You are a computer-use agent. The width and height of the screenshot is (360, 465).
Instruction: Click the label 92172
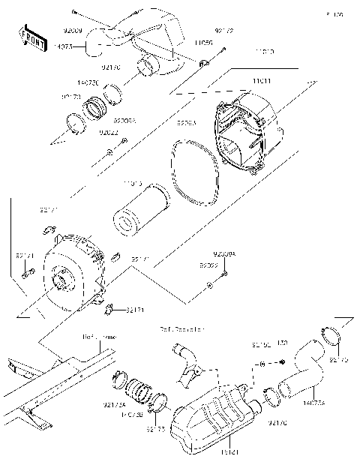click(223, 31)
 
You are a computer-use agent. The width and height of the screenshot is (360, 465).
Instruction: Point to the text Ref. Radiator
click(181, 328)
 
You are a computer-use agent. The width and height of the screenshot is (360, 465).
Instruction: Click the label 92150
click(261, 344)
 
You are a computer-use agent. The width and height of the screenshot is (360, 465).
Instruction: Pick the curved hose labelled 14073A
click(304, 367)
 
